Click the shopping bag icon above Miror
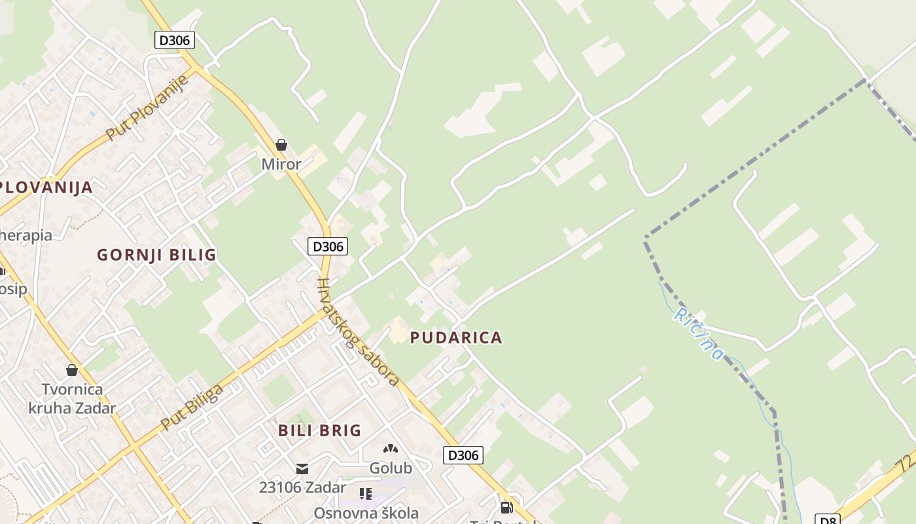[x=281, y=145]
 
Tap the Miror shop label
[x=281, y=164]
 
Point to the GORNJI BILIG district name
[x=156, y=255]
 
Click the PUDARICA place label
[x=456, y=338]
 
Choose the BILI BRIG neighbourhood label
[x=320, y=430]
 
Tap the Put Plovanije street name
[x=147, y=107]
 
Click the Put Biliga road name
[x=192, y=407]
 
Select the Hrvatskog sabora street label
[x=357, y=332]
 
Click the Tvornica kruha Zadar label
[x=72, y=399]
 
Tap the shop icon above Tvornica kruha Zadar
[x=72, y=371]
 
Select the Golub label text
[x=391, y=468]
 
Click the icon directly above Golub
[x=391, y=449]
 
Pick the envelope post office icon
[x=302, y=469]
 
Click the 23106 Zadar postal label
[x=302, y=488]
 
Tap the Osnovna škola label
[x=366, y=513]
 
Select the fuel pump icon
[x=506, y=507]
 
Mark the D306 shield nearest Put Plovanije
[x=175, y=40]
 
